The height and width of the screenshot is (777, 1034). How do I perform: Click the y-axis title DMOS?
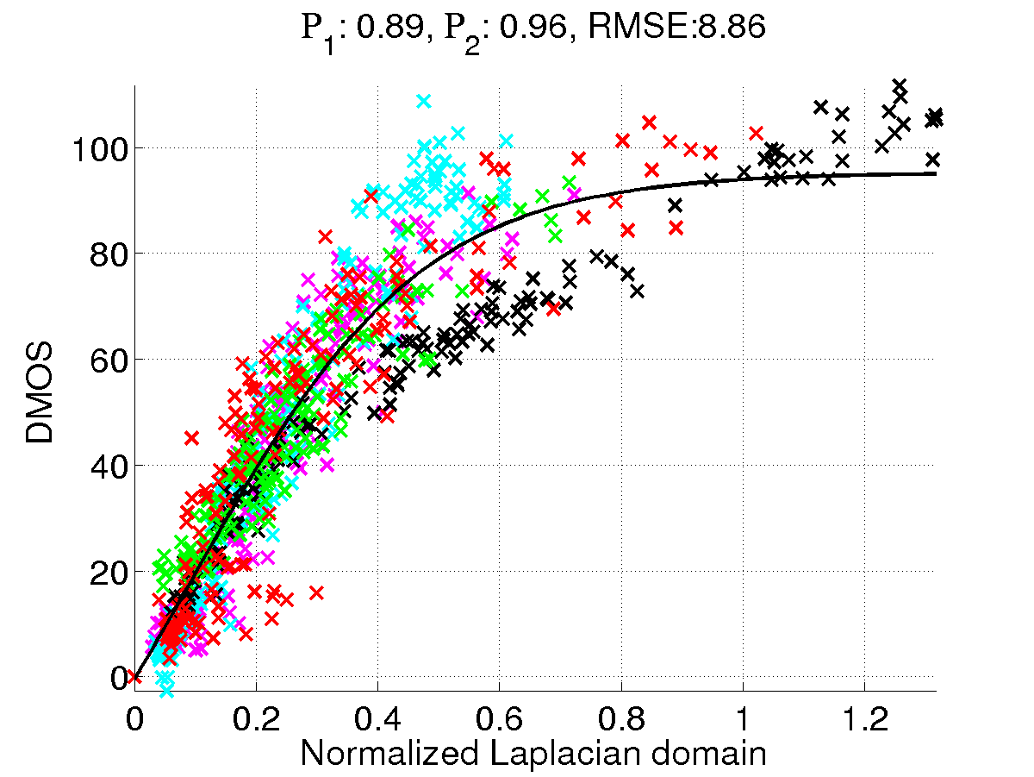click(x=40, y=393)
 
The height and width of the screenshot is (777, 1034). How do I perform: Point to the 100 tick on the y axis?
click(x=97, y=147)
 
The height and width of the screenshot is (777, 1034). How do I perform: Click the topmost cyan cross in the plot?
click(x=423, y=101)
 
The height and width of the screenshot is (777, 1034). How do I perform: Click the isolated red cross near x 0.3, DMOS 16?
click(x=316, y=592)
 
